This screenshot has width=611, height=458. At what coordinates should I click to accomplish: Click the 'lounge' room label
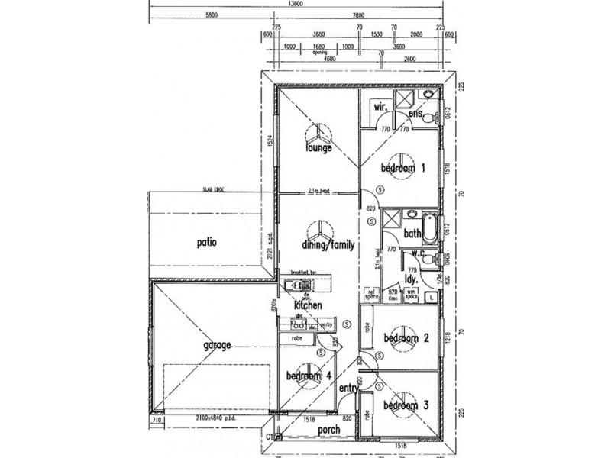[318, 148]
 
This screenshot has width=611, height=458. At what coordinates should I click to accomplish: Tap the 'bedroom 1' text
[398, 168]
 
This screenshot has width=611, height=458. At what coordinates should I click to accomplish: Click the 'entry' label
[349, 389]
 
